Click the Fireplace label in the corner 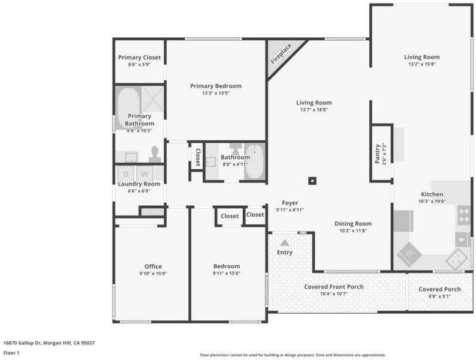tap(281, 53)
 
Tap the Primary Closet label tap(139, 58)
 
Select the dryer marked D tap(126, 174)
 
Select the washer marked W tap(144, 174)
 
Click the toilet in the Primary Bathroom tap(155, 154)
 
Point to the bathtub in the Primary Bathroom tap(129, 105)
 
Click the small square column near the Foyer tap(312, 181)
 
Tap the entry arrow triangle tap(284, 242)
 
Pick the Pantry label tap(377, 154)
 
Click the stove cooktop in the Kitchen tap(463, 215)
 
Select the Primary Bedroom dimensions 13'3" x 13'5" tap(216, 93)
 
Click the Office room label tap(153, 266)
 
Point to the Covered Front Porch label tap(334, 287)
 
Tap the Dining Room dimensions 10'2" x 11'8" tap(353, 230)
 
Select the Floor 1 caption tap(11, 353)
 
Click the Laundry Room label tap(139, 184)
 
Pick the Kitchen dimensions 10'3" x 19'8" tap(432, 201)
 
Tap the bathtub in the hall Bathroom tap(254, 161)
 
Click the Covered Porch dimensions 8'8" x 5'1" tap(439, 296)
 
